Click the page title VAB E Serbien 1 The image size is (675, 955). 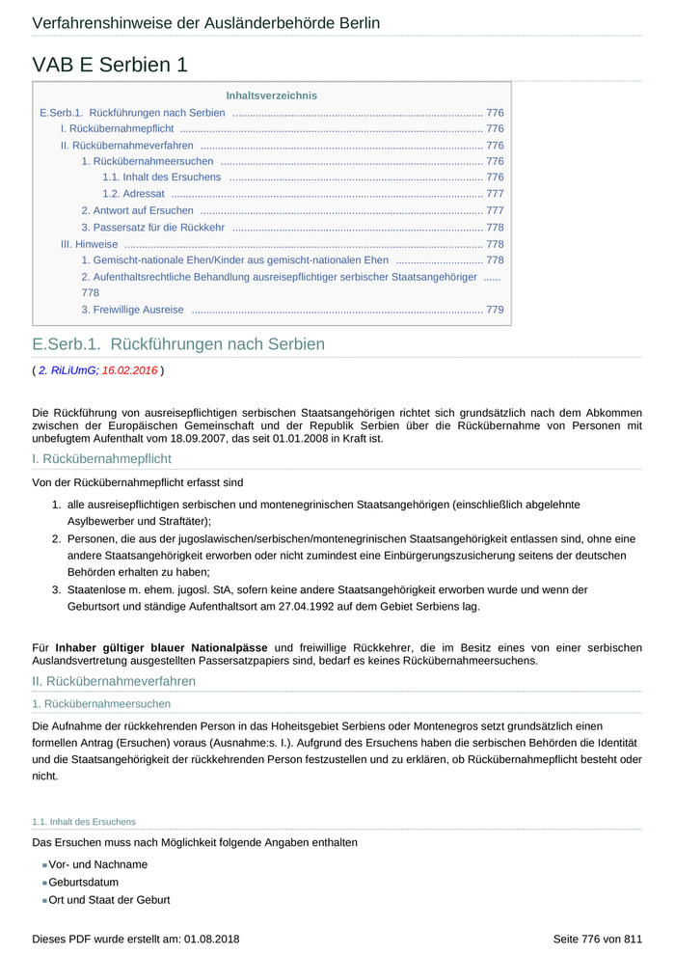(x=110, y=65)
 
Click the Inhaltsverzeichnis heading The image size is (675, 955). (x=271, y=95)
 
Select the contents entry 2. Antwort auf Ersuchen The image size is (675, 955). (x=137, y=210)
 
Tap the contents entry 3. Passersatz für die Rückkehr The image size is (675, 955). (x=152, y=228)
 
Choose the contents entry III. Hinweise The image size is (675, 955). (x=89, y=244)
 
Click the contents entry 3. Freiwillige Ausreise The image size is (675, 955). (x=132, y=310)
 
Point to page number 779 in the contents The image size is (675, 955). (x=495, y=310)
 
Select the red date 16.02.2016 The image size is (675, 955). (x=129, y=369)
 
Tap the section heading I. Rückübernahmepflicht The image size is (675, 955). (x=101, y=459)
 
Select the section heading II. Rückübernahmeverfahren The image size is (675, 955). (x=114, y=681)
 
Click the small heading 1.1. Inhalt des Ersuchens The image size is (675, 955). (x=83, y=822)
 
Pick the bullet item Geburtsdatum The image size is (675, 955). (x=84, y=882)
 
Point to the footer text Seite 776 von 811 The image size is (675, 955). (x=597, y=939)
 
